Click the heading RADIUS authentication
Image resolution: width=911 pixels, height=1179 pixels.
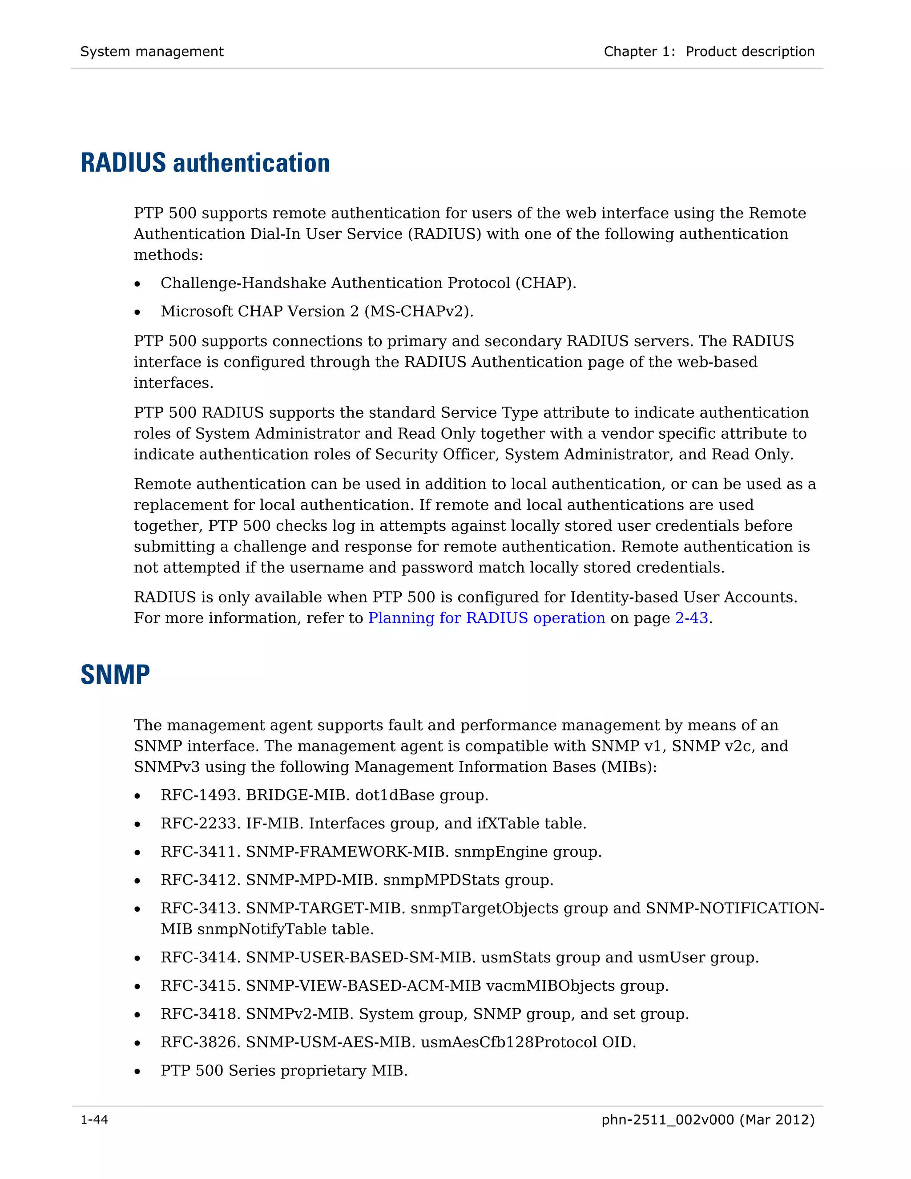tap(205, 162)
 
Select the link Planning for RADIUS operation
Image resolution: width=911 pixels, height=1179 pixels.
tap(486, 618)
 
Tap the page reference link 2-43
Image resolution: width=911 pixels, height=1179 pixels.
tap(691, 618)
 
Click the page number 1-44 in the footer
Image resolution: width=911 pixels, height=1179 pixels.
tap(94, 1120)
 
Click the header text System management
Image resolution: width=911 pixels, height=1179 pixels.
tap(152, 51)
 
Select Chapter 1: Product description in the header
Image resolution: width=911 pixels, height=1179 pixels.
tap(709, 51)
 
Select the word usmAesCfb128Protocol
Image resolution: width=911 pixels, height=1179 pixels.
tap(508, 1042)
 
